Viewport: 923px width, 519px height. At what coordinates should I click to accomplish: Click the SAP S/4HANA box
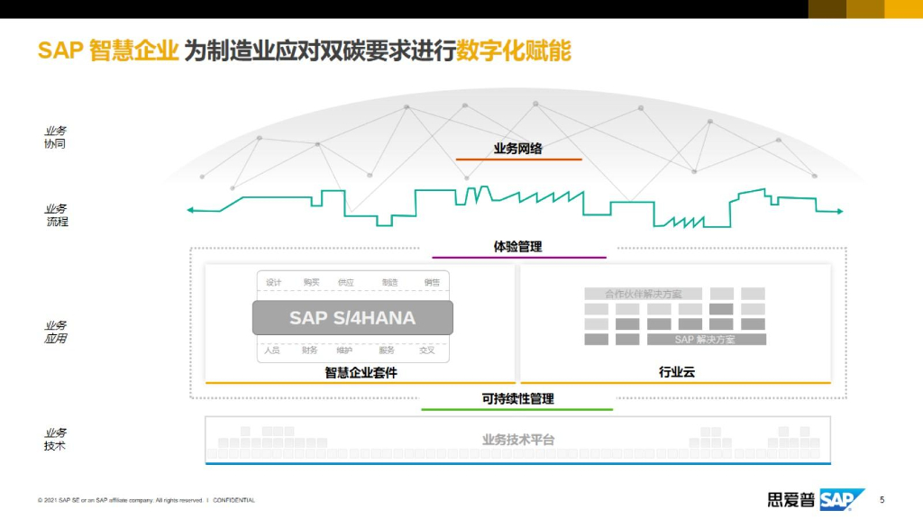click(x=352, y=318)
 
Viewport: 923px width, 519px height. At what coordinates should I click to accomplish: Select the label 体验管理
click(x=517, y=246)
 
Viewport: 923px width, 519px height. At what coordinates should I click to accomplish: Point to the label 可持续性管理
click(x=517, y=398)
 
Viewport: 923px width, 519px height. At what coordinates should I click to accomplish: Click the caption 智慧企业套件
click(x=361, y=372)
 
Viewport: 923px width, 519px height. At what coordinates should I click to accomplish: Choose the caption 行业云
click(x=676, y=372)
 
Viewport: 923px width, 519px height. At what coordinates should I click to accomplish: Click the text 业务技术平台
click(x=517, y=440)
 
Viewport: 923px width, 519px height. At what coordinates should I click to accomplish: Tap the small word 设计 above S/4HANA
click(x=273, y=282)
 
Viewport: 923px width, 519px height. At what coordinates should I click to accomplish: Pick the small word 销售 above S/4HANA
click(x=432, y=282)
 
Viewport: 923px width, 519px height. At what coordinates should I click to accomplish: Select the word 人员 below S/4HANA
click(x=271, y=350)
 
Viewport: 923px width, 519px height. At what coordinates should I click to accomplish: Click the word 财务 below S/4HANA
click(x=309, y=350)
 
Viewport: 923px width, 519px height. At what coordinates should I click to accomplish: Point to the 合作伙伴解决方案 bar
click(x=644, y=294)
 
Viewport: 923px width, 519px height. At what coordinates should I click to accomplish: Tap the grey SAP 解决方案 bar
click(x=706, y=340)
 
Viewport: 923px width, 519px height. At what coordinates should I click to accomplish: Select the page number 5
click(x=882, y=499)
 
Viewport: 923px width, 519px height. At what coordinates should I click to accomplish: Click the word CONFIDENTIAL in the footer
click(x=233, y=500)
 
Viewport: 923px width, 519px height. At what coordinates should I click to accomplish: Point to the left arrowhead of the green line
click(x=190, y=211)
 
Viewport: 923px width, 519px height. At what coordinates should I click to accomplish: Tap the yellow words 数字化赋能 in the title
click(x=514, y=50)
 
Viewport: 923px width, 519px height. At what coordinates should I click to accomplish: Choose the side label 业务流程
click(x=57, y=214)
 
